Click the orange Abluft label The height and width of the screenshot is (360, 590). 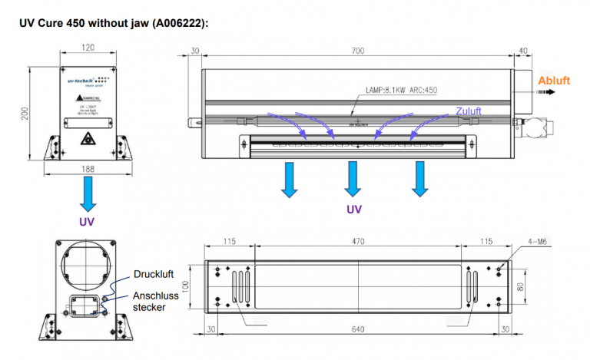coord(554,81)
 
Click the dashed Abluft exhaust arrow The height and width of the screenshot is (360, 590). coord(546,92)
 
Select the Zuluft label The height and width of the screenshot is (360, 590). coord(469,111)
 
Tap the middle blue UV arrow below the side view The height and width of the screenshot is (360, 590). coord(353,178)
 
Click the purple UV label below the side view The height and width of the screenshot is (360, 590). coord(353,209)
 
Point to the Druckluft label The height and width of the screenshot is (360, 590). coord(154,274)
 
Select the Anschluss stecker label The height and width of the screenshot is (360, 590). coord(156,302)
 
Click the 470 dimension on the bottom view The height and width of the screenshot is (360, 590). coord(357,241)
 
